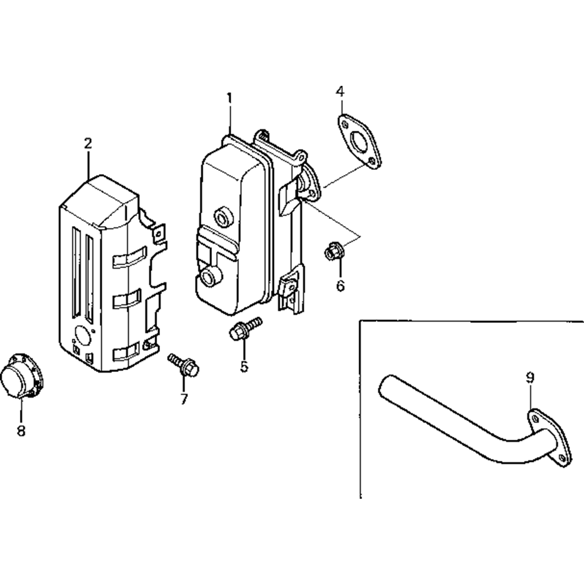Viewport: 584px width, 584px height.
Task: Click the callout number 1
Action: click(x=230, y=98)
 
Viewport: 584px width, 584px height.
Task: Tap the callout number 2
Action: click(x=88, y=143)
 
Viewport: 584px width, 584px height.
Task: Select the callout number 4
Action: click(x=340, y=91)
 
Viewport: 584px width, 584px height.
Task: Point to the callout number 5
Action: click(x=244, y=366)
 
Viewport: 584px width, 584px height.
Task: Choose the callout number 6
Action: click(x=340, y=286)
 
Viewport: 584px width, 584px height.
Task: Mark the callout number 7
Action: click(x=184, y=399)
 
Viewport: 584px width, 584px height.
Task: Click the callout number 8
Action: click(x=21, y=431)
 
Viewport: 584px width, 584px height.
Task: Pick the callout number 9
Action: click(x=530, y=378)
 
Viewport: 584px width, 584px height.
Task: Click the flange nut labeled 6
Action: click(x=331, y=252)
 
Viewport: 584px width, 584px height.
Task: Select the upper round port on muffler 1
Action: click(x=222, y=217)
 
